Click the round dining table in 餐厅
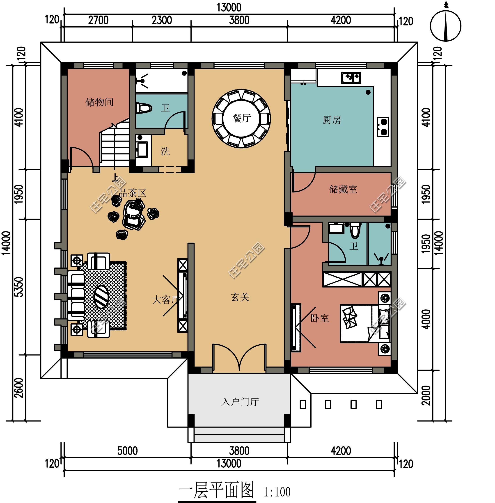click(241, 119)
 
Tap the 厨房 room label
click(332, 120)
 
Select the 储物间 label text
click(99, 102)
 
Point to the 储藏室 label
click(343, 189)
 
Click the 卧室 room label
click(320, 318)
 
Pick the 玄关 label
click(240, 297)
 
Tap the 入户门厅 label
click(240, 402)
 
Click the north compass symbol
click(446, 25)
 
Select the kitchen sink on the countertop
click(351, 78)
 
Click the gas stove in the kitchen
click(383, 127)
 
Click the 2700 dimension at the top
click(98, 20)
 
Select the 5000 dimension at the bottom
click(127, 451)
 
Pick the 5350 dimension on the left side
click(19, 287)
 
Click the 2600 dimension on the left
click(19, 388)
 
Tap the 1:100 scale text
click(277, 492)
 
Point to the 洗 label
click(165, 151)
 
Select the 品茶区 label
click(133, 193)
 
